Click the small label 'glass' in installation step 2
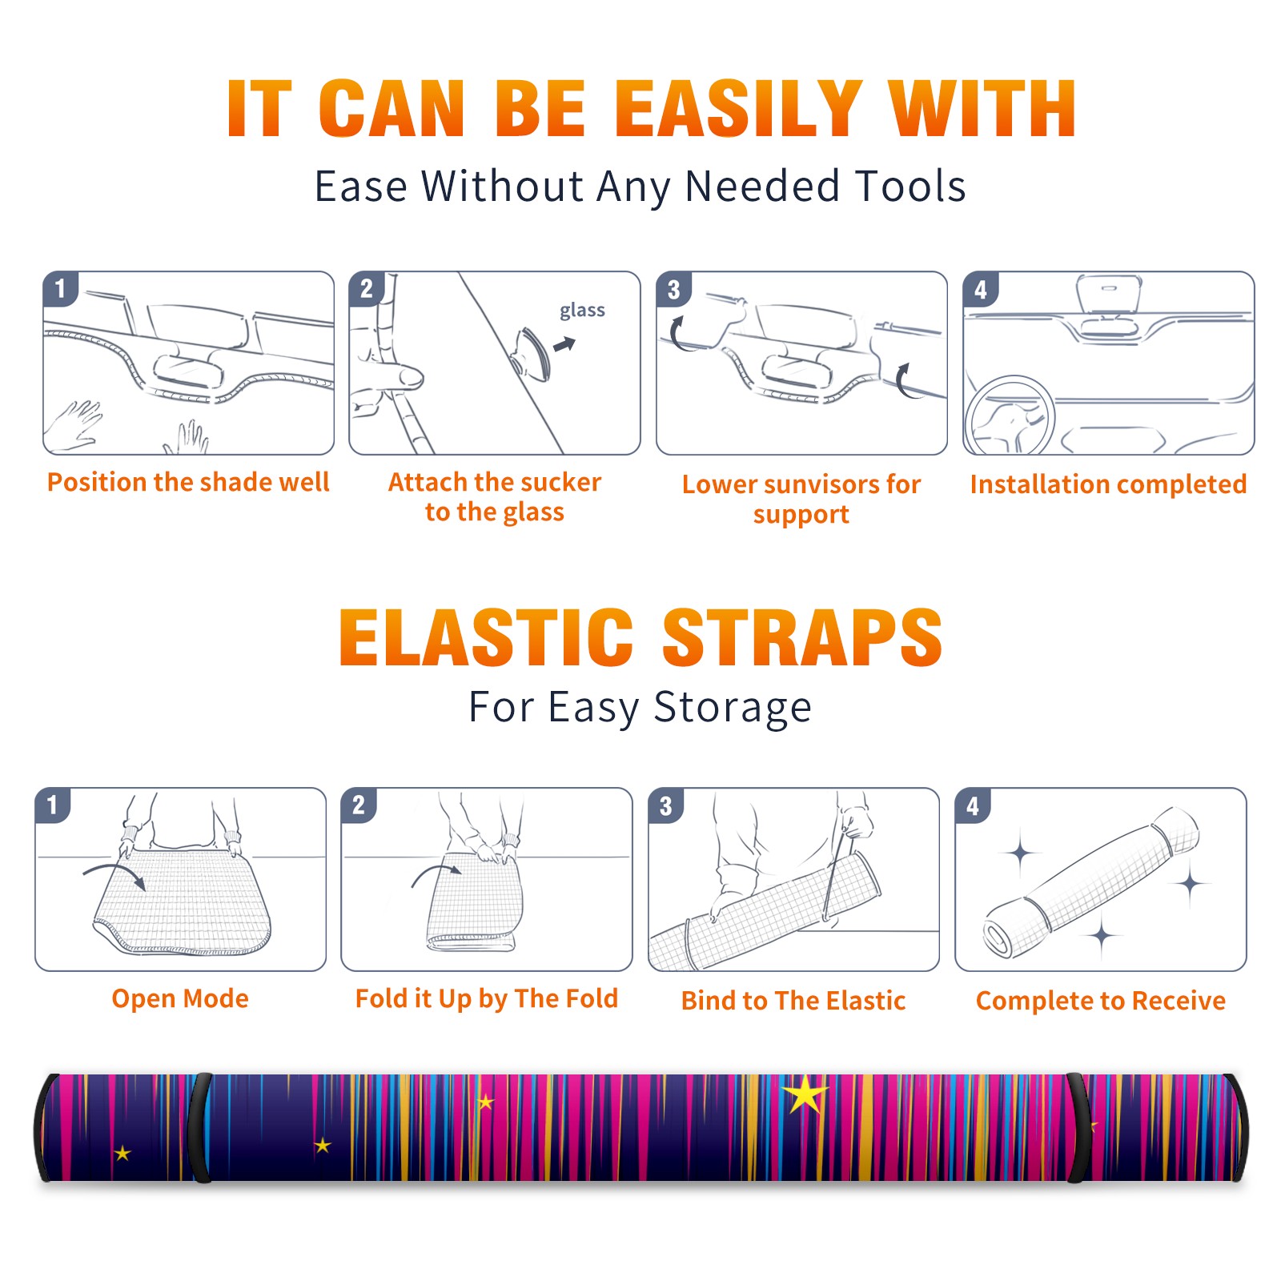(x=582, y=311)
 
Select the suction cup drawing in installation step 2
(x=532, y=353)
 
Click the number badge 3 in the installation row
(x=673, y=289)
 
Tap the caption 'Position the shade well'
(x=188, y=482)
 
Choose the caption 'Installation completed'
(x=1108, y=484)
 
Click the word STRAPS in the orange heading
(x=802, y=637)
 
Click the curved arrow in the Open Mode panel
(x=114, y=876)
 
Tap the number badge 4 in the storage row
(x=973, y=805)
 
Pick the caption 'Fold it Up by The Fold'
(x=487, y=998)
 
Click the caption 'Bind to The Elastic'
(x=793, y=1001)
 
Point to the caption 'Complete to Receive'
(x=1101, y=1001)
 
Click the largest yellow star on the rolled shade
(x=805, y=1094)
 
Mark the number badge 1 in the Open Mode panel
(x=52, y=805)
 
